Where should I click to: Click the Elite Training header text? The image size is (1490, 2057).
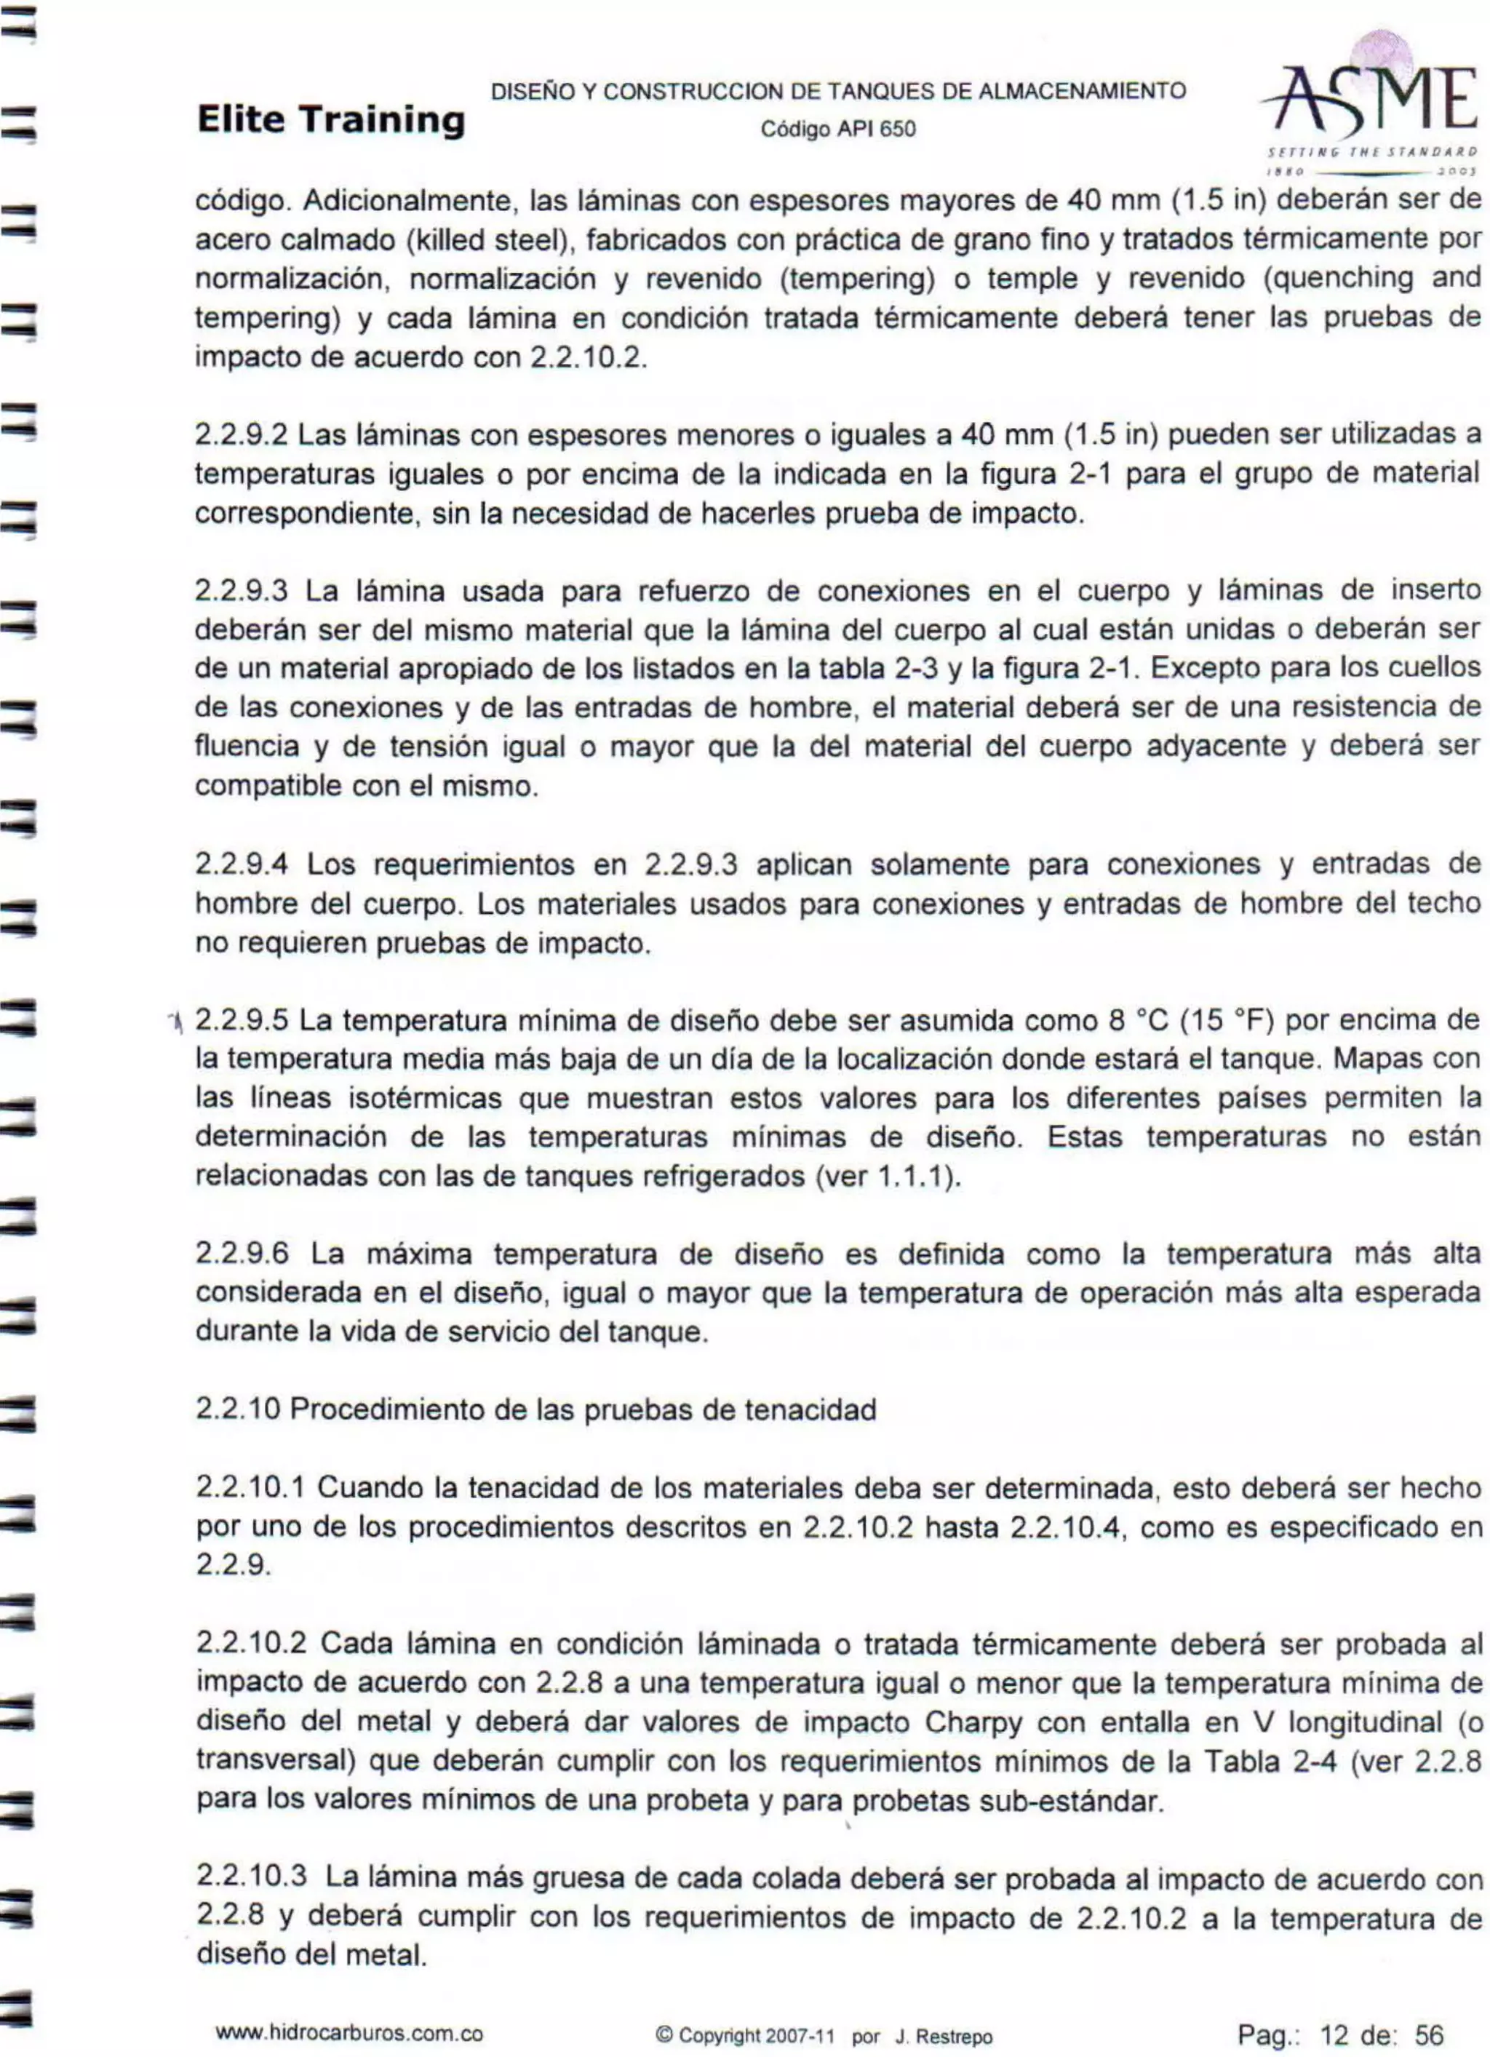point(330,119)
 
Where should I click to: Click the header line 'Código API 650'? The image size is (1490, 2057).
point(838,129)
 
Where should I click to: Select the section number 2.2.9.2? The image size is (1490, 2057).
point(242,435)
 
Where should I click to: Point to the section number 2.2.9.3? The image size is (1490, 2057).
point(242,592)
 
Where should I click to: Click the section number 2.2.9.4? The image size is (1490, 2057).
point(242,864)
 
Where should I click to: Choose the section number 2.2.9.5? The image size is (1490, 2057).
point(242,1022)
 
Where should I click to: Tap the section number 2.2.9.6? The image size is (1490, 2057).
point(242,1254)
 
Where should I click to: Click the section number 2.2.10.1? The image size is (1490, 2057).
point(250,1488)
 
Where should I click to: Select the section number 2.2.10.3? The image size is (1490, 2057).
point(251,1877)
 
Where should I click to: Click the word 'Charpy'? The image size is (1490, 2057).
point(978,1722)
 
